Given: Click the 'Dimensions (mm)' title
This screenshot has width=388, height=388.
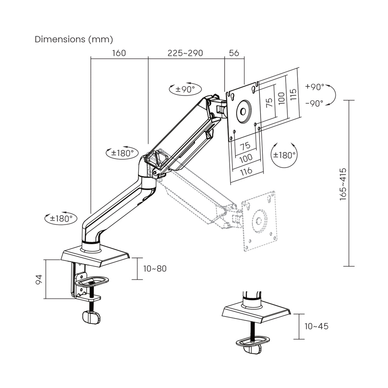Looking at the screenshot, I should pyautogui.click(x=74, y=39).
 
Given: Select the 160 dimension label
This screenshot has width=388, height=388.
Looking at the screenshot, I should pyautogui.click(x=119, y=53).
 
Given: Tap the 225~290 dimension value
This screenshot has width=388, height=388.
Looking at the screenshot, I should pyautogui.click(x=185, y=53).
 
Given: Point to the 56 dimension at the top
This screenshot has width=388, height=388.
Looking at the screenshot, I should pyautogui.click(x=234, y=53).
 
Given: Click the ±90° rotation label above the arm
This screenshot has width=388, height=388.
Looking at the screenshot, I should pyautogui.click(x=185, y=89).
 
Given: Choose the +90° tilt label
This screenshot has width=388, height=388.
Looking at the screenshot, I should pyautogui.click(x=314, y=87).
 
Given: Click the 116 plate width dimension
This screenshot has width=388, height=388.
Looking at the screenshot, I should pyautogui.click(x=246, y=170).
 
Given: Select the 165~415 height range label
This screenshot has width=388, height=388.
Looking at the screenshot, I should pyautogui.click(x=343, y=184).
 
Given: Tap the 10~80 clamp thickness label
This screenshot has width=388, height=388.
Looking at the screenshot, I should pyautogui.click(x=155, y=269).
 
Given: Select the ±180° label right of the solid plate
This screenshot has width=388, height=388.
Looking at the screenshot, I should pyautogui.click(x=284, y=155).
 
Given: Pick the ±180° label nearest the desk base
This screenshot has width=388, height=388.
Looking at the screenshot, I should pyautogui.click(x=61, y=219).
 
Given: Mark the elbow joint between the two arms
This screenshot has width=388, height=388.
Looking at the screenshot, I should pyautogui.click(x=149, y=167).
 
